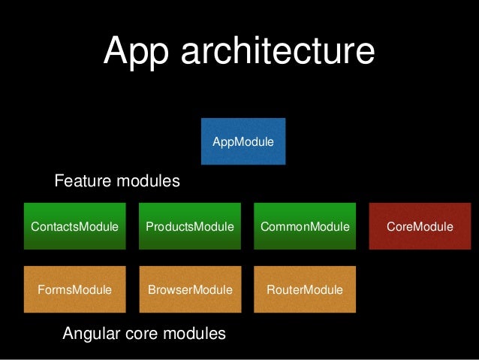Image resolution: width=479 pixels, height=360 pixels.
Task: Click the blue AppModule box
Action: pos(243,141)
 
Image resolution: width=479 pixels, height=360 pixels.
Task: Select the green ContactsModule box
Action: pos(74,225)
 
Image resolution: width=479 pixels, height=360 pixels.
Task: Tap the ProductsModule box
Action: pos(189,225)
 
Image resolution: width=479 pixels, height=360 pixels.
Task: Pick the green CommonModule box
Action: pos(305,225)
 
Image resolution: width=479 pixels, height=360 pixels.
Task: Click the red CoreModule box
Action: pos(420,225)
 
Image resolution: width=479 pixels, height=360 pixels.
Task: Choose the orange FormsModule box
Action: pos(74,289)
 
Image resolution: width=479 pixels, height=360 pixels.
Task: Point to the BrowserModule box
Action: pos(189,289)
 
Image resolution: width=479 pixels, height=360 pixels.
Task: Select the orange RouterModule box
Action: pos(305,289)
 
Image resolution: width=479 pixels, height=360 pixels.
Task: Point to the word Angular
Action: pos(92,333)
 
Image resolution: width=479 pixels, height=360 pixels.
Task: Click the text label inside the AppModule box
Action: pos(243,141)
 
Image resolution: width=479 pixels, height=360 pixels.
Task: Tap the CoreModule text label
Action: pos(420,226)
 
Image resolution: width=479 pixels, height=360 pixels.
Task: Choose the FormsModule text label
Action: pos(74,289)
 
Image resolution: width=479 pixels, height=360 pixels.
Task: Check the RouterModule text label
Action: pos(305,289)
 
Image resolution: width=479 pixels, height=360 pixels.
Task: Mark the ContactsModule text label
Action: pos(74,226)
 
